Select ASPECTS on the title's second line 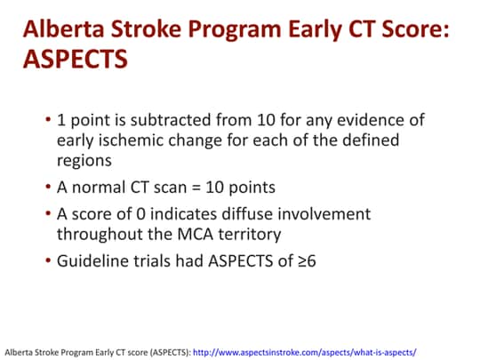75,60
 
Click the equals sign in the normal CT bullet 204,188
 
